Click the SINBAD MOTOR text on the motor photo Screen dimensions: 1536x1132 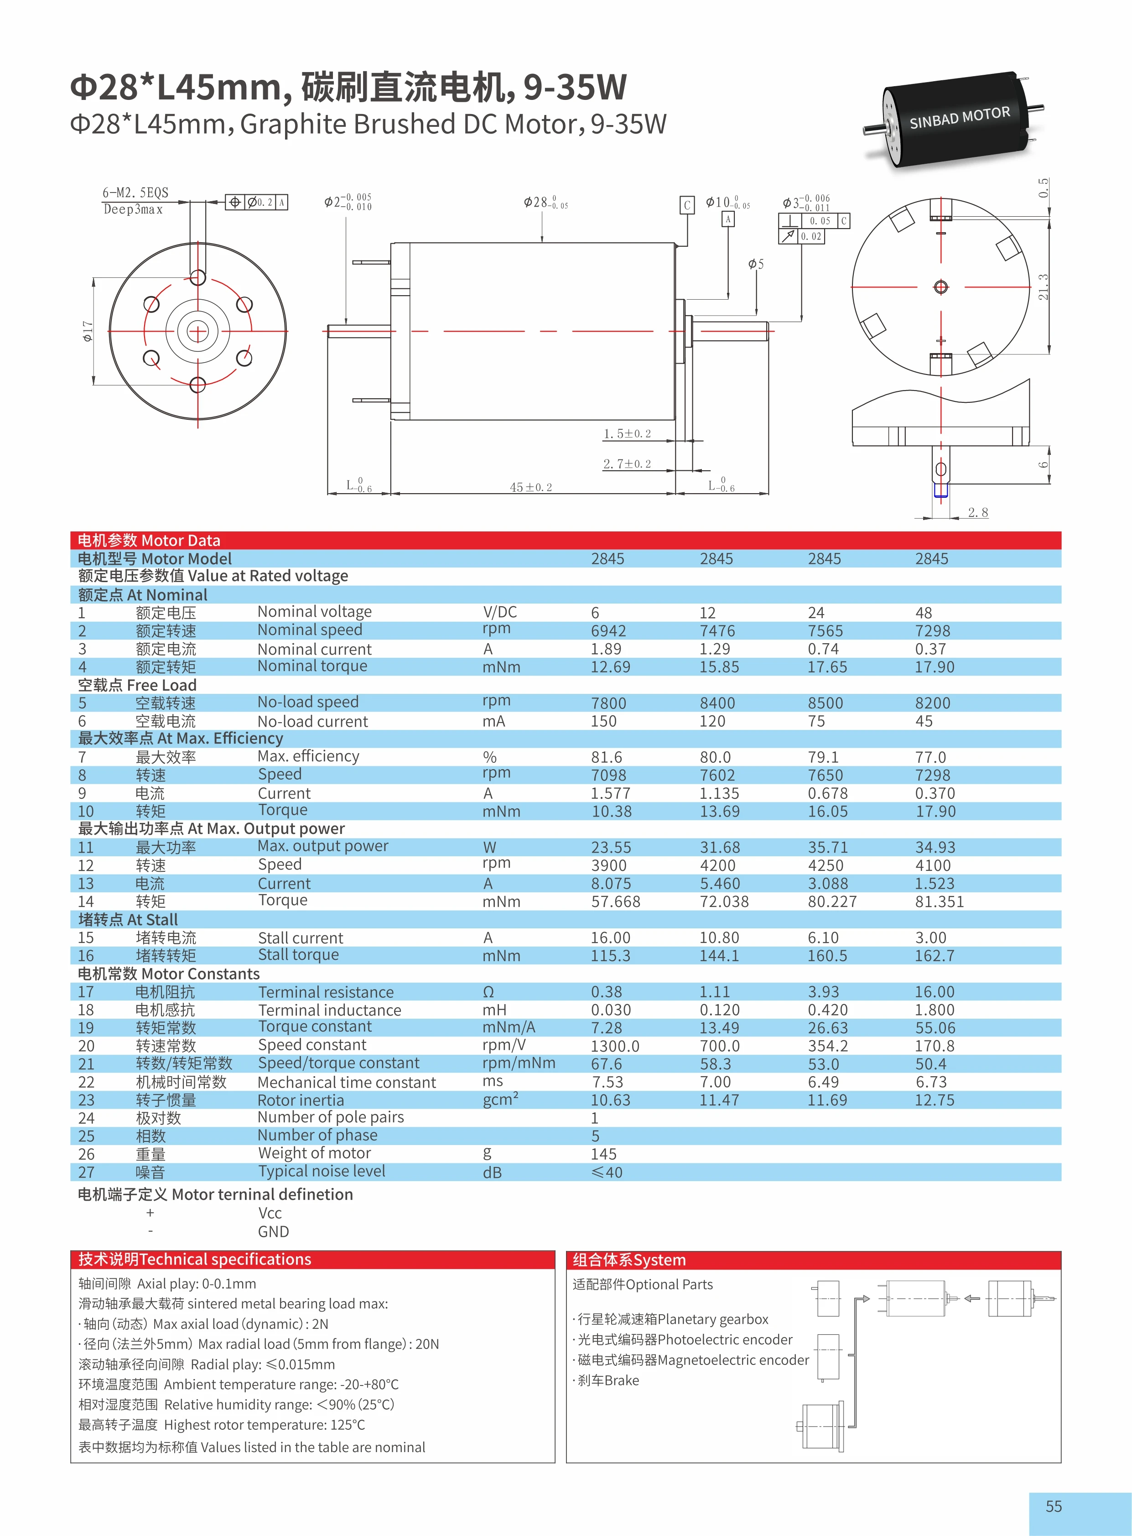click(959, 118)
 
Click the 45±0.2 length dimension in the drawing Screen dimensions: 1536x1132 click(530, 487)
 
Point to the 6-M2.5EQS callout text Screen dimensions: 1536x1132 click(135, 193)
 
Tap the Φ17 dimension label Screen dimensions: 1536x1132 click(88, 331)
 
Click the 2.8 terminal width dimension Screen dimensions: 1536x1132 click(978, 512)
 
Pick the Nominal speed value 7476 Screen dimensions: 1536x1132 click(717, 630)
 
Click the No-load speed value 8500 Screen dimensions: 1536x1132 click(825, 703)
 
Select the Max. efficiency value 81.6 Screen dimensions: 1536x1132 click(607, 757)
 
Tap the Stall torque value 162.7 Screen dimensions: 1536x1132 click(934, 955)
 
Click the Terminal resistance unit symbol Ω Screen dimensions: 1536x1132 click(488, 992)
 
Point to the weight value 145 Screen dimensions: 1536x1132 click(604, 1154)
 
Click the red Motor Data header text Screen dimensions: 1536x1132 click(149, 540)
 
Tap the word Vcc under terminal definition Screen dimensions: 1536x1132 click(270, 1213)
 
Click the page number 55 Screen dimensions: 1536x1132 click(1053, 1506)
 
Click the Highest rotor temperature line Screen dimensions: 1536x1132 click(221, 1425)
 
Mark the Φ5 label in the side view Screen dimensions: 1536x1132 click(755, 264)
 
